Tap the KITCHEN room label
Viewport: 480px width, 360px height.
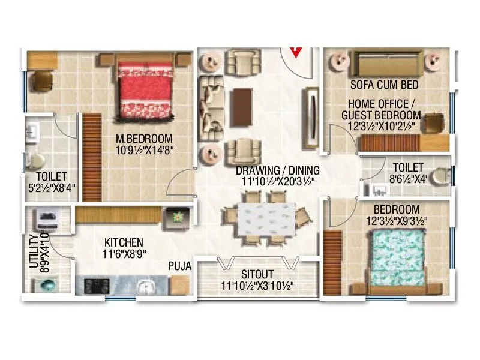(124, 242)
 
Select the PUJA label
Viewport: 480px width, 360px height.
(179, 265)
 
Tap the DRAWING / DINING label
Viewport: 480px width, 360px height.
(277, 170)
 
